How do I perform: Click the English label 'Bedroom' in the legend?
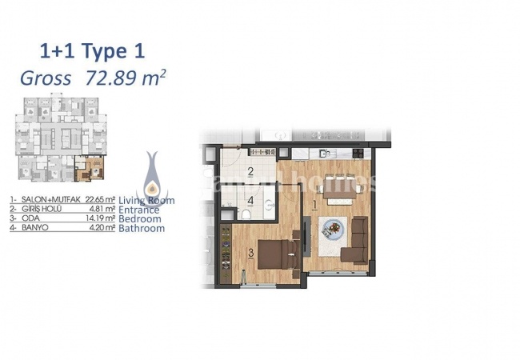coord(140,218)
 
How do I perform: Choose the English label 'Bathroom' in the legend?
coord(142,228)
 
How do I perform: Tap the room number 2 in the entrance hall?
coord(250,171)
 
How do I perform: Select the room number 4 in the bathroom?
coord(250,201)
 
